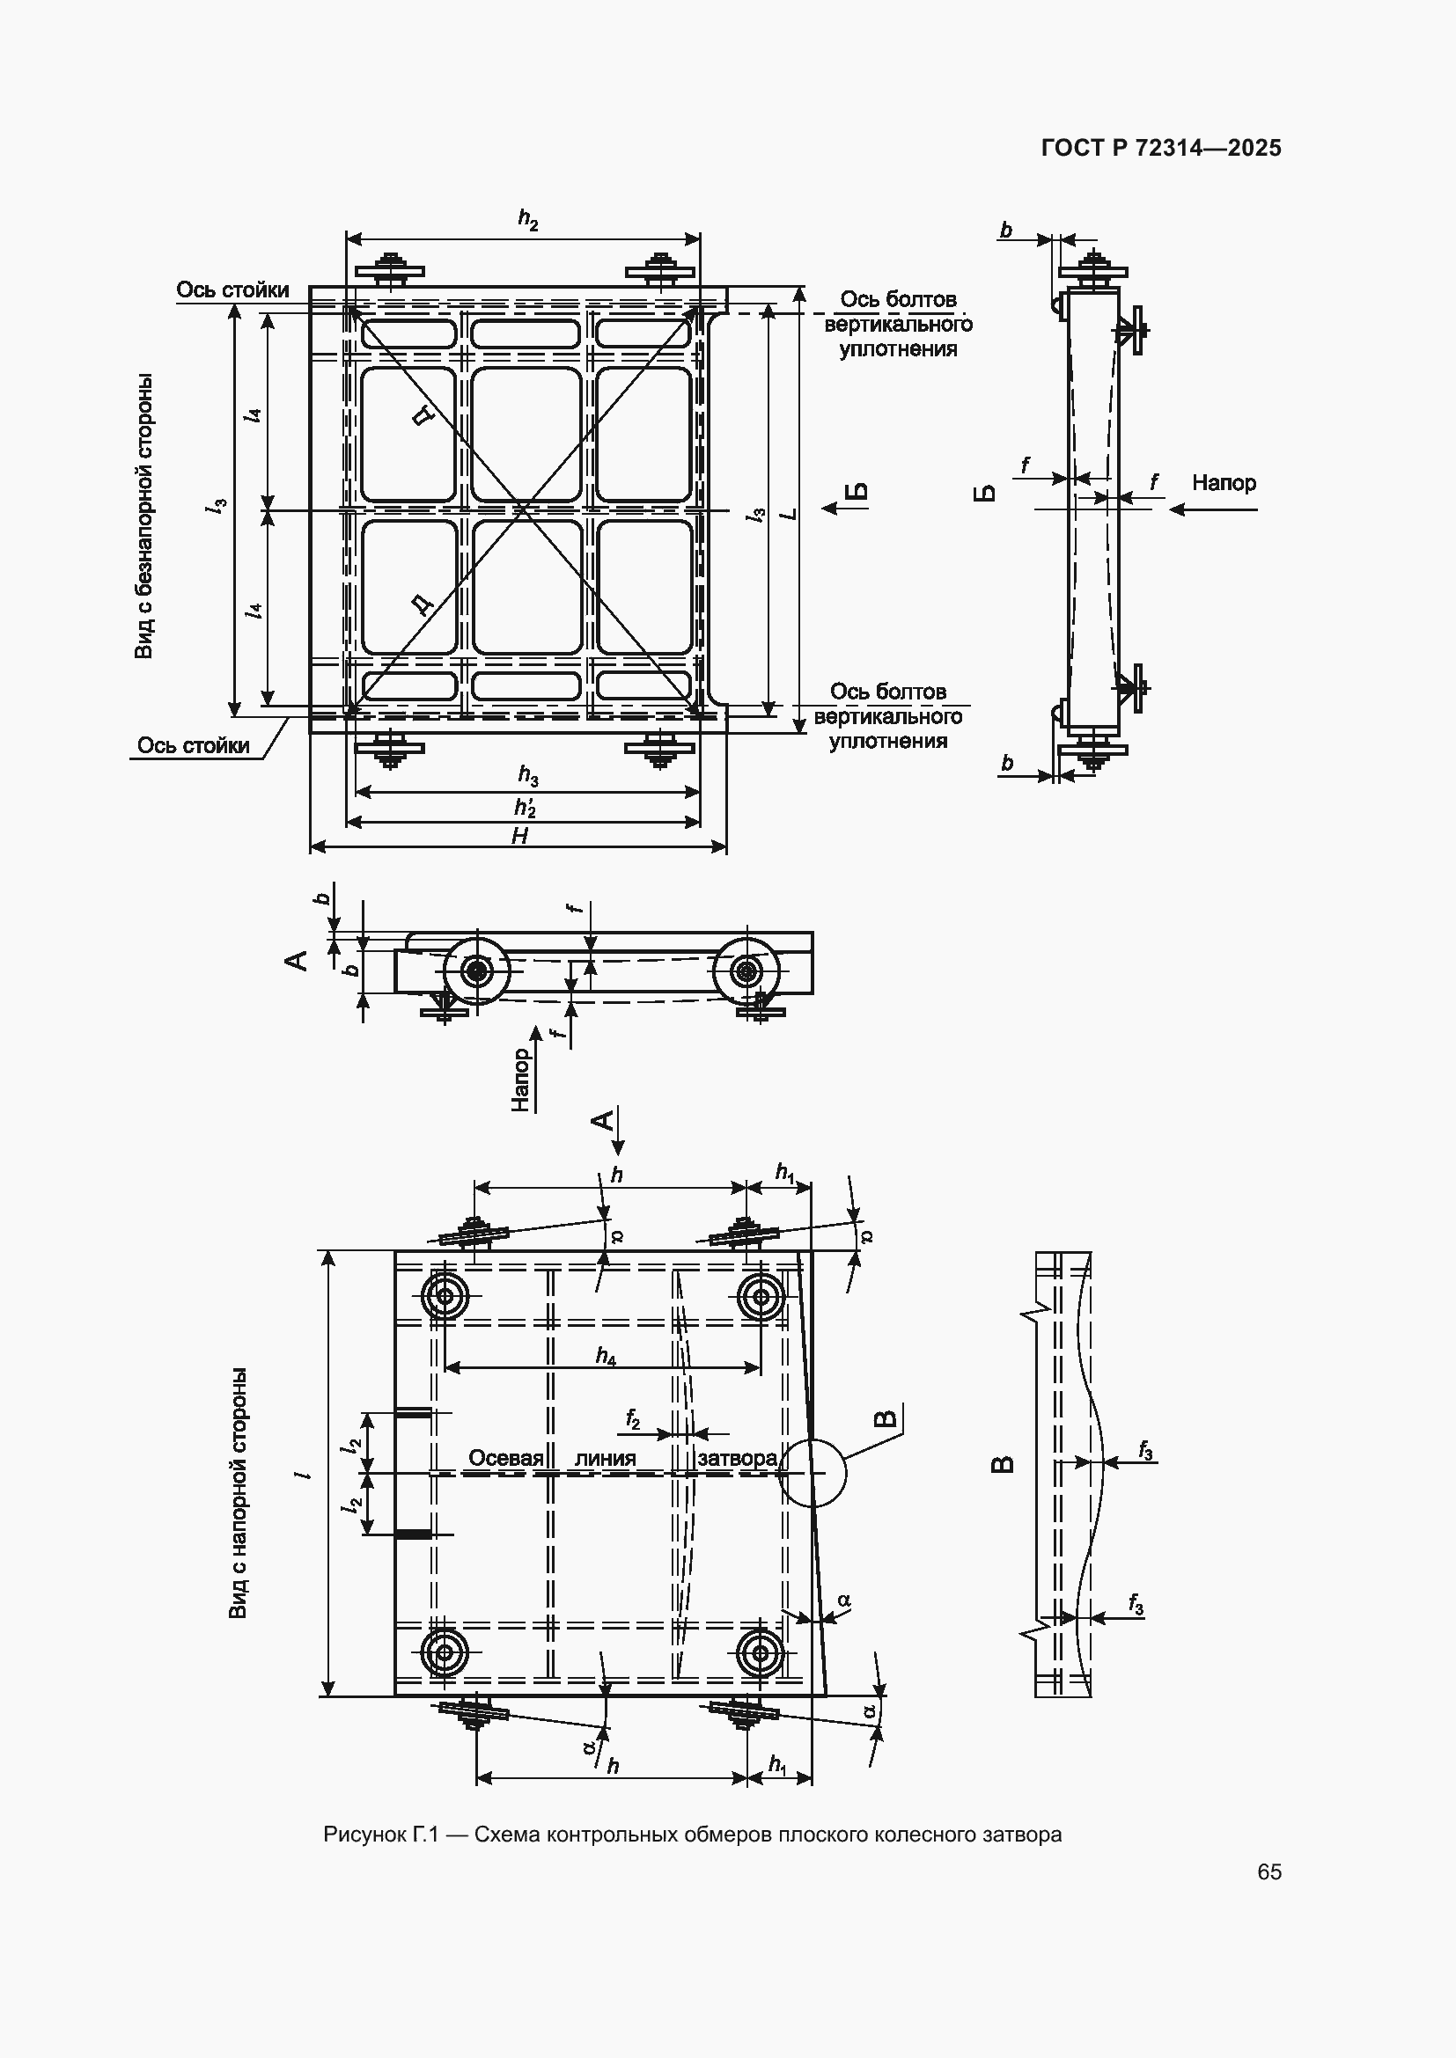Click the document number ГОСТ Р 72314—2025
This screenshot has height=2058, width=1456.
(1161, 148)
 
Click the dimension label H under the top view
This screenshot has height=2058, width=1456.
(519, 835)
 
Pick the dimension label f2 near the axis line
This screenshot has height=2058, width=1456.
(633, 1419)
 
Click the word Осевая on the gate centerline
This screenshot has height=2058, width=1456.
(505, 1457)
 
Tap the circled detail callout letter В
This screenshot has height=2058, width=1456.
(885, 1417)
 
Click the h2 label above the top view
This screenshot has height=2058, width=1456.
(528, 219)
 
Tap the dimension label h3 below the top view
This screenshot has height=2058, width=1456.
(528, 775)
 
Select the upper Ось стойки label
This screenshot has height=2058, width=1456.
(232, 289)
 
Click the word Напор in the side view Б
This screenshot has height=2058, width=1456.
(1224, 483)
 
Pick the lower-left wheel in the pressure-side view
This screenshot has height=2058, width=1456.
(445, 1653)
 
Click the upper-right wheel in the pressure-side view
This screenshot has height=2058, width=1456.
(761, 1295)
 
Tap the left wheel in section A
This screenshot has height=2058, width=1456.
(476, 970)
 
